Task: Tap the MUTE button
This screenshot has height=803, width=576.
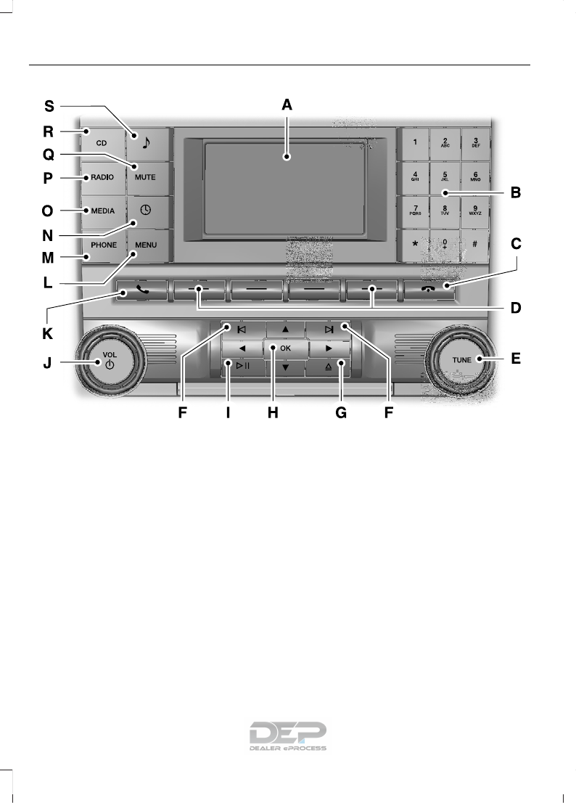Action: pos(145,177)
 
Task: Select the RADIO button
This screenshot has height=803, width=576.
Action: pos(103,177)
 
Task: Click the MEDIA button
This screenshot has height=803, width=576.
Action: pos(103,211)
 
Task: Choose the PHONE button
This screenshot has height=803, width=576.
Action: pos(103,245)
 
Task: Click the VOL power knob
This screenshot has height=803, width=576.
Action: pos(110,360)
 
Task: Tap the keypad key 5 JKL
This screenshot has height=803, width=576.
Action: pos(444,176)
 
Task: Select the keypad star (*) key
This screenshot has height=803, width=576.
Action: pos(414,244)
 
